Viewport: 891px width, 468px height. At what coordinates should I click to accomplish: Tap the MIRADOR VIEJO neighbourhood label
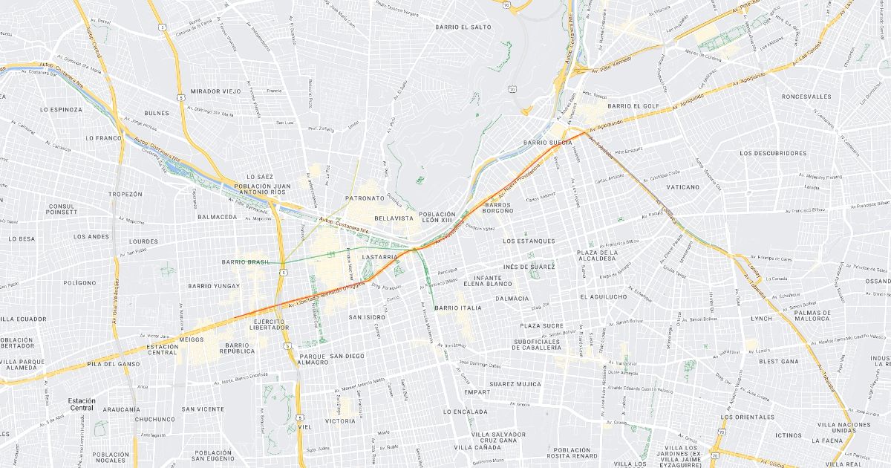click(x=216, y=91)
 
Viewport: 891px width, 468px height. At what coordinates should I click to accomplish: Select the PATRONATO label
click(x=365, y=198)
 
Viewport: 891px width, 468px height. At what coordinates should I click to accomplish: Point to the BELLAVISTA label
click(x=394, y=219)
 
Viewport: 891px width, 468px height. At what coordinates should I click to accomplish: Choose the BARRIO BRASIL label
click(x=246, y=262)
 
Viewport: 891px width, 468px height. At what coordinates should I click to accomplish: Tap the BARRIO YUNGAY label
click(x=214, y=286)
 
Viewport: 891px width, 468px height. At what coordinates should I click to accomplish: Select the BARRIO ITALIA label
click(x=458, y=308)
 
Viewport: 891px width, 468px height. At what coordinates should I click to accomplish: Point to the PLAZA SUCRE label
click(x=541, y=326)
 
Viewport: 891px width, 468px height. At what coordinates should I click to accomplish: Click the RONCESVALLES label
click(x=806, y=97)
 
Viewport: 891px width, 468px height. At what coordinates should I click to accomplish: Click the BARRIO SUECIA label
click(x=547, y=142)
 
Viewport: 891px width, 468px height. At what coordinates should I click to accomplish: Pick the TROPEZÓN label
click(x=125, y=194)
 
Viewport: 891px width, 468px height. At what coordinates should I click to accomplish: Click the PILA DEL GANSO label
click(x=113, y=364)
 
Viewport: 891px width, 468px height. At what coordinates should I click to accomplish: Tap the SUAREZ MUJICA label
click(x=515, y=384)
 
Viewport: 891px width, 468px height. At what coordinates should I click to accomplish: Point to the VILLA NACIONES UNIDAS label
click(x=843, y=428)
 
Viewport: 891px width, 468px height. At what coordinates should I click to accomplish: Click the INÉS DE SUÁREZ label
click(x=529, y=266)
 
